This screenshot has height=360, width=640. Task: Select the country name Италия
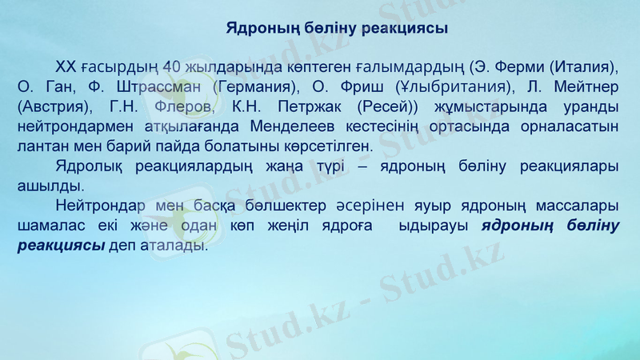583,65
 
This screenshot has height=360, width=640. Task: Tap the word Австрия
54,106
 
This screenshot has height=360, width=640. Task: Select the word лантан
42,147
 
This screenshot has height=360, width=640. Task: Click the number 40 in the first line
172,65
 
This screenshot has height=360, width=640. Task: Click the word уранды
587,106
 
